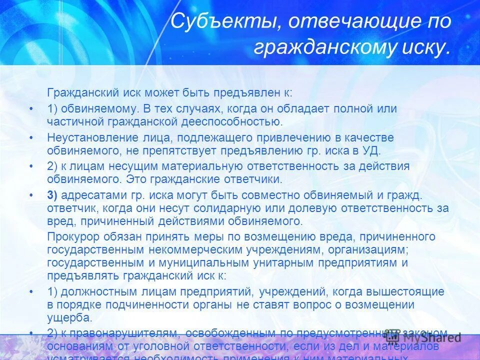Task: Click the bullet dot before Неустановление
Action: [31, 137]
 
